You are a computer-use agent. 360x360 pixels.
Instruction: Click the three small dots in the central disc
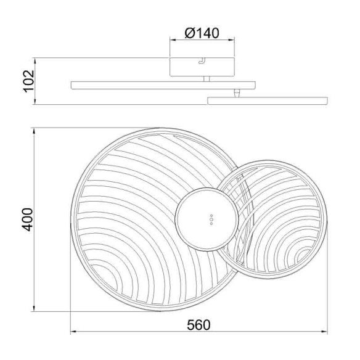[x=210, y=221]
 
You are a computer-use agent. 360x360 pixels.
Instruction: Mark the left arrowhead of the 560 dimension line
[x=74, y=333]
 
